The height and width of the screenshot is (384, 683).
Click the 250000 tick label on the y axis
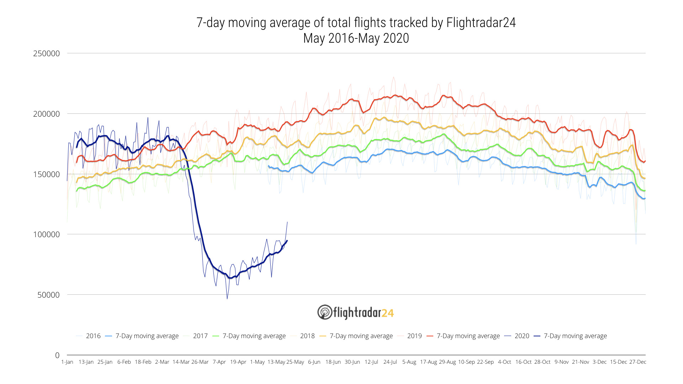(46, 54)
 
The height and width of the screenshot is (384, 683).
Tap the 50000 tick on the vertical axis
(48, 295)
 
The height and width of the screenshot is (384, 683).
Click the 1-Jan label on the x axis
(67, 362)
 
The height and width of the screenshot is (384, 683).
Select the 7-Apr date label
(219, 362)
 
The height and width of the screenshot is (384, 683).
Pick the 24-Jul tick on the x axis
(390, 362)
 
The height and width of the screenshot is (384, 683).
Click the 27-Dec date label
(637, 362)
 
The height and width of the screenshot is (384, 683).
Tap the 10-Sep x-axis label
(466, 362)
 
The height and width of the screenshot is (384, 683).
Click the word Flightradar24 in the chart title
(481, 23)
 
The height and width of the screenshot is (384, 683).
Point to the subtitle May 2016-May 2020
(356, 38)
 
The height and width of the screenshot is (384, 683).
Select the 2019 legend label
(414, 336)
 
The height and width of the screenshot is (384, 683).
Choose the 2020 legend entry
(522, 336)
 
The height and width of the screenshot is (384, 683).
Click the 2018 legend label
(307, 336)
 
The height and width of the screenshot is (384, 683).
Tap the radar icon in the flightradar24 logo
(324, 312)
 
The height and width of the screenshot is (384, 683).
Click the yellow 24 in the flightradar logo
(388, 313)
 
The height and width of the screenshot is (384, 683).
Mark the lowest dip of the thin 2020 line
(227, 299)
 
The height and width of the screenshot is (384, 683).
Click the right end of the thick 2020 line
(287, 241)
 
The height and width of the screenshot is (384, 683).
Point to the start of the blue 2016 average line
(268, 166)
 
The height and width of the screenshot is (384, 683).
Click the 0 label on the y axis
(57, 355)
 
